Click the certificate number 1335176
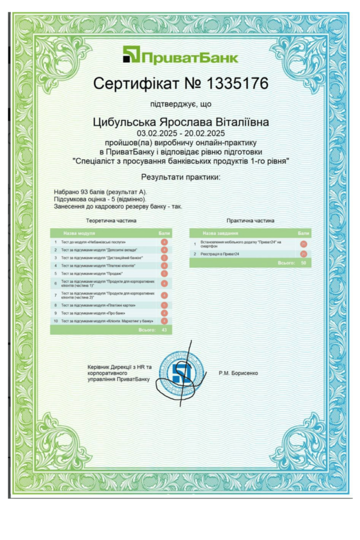(x=239, y=83)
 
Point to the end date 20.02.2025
(x=205, y=133)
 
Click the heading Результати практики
(x=181, y=177)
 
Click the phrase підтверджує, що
(x=181, y=104)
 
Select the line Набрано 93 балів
(x=100, y=192)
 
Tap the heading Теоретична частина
(x=111, y=221)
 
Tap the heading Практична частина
(x=250, y=221)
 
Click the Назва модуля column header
(x=79, y=233)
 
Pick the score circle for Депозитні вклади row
(x=164, y=249)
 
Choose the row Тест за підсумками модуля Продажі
(x=92, y=274)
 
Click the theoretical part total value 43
(x=164, y=330)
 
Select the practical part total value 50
(x=303, y=262)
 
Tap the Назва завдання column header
(x=220, y=233)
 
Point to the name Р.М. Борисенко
(x=238, y=373)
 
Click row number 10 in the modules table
(x=55, y=321)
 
